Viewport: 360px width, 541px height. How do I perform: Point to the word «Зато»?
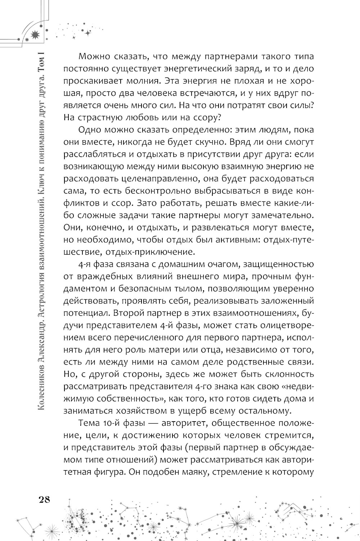click(x=148, y=203)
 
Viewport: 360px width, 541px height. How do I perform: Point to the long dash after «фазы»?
click(x=148, y=423)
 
